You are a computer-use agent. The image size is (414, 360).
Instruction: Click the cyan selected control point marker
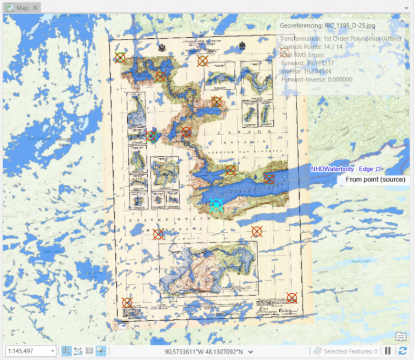coord(216,204)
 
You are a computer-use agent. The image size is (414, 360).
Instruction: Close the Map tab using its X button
coord(35,8)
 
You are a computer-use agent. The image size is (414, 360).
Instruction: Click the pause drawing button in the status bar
coord(388,351)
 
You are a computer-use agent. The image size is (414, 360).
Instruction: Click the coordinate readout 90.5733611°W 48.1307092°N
coord(204,351)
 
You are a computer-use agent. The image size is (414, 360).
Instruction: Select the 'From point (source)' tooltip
coord(375,179)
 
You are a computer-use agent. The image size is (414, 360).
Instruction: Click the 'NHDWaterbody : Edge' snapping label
coord(343,169)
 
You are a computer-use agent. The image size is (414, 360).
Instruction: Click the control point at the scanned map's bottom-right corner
coord(292,297)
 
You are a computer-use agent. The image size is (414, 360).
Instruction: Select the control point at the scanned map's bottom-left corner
coord(127,303)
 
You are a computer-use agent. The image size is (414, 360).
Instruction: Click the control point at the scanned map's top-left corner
coord(120,57)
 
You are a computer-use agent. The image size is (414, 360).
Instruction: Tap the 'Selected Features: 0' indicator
coord(350,351)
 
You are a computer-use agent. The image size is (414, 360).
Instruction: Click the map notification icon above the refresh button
coord(401,337)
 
